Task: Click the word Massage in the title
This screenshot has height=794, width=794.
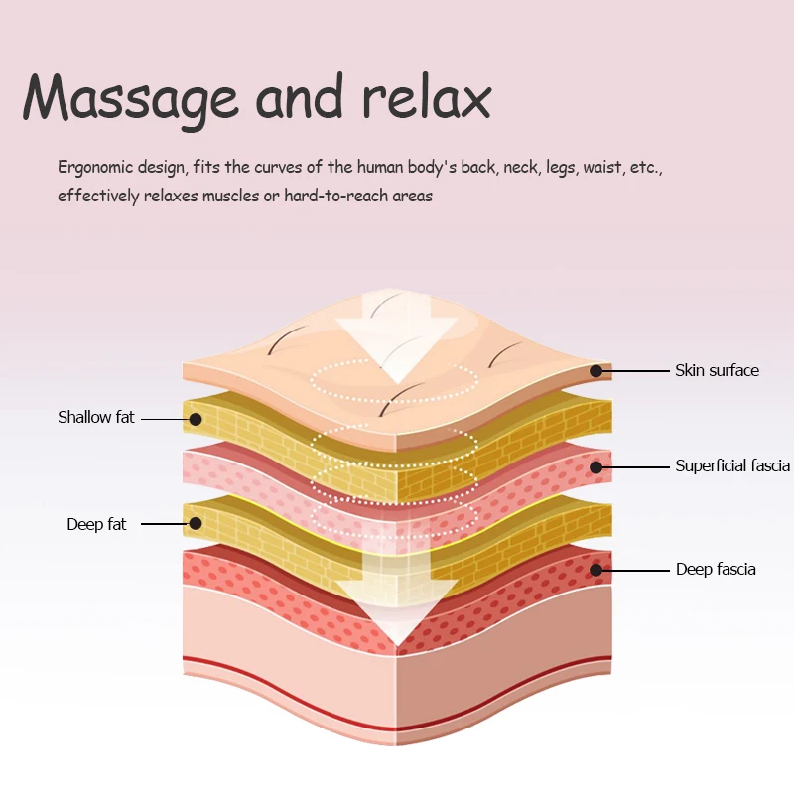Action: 130,97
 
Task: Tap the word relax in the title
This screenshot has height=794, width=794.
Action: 426,97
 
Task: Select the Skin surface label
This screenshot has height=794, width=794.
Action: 717,370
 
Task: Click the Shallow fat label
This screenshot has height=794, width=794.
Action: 96,417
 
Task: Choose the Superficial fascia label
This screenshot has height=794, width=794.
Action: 732,465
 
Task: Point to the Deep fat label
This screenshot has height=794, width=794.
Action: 97,524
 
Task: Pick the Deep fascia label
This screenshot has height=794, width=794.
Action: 716,569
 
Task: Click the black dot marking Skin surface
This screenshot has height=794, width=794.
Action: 595,371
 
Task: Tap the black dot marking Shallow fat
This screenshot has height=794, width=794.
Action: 197,418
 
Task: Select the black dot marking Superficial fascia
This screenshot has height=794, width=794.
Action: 595,466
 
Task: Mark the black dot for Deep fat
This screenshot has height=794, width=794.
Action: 197,523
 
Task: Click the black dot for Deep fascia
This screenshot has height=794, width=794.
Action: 595,570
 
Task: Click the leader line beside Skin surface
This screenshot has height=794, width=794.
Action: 635,371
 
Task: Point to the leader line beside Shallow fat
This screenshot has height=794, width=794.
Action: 165,418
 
